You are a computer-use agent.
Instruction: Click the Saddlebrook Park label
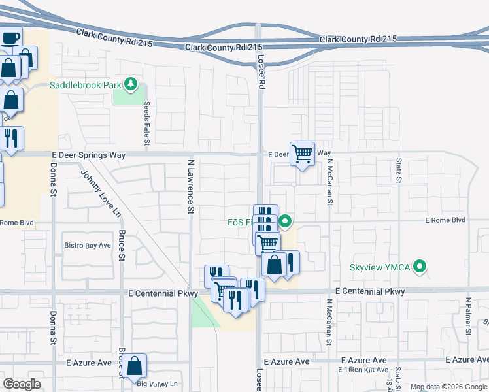(x=86, y=85)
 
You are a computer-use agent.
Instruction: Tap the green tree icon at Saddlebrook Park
(x=131, y=84)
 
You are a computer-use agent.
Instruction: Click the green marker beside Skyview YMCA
(x=422, y=267)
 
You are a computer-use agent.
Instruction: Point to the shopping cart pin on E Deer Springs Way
(x=302, y=154)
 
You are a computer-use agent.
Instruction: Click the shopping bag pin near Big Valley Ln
(x=135, y=367)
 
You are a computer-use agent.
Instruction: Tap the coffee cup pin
(x=10, y=38)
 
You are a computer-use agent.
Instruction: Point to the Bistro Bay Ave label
(x=88, y=246)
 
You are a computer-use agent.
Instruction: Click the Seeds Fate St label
(x=147, y=123)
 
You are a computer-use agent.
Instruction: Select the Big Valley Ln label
(x=158, y=384)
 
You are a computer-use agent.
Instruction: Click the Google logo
(x=22, y=384)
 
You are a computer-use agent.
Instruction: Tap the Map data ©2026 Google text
(x=448, y=387)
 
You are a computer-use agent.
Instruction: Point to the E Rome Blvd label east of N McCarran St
(x=445, y=220)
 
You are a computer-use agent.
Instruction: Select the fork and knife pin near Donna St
(x=11, y=139)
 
